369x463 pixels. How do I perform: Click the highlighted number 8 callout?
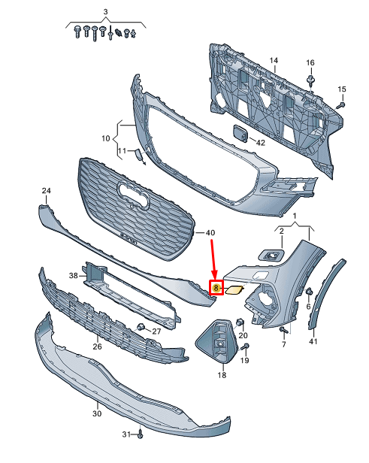(x=216, y=287)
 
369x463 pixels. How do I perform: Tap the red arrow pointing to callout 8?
(x=213, y=259)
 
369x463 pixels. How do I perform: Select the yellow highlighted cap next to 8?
(x=234, y=289)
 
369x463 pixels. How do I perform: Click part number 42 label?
(x=260, y=143)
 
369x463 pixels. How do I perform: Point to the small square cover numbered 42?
(x=241, y=134)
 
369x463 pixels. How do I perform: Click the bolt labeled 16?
(x=310, y=80)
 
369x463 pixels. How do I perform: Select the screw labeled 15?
(x=341, y=104)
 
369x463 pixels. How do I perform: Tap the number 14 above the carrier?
(x=274, y=60)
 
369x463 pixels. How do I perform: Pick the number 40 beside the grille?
(x=210, y=233)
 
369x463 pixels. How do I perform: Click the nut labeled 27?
(x=141, y=327)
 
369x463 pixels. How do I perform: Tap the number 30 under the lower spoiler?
(x=97, y=413)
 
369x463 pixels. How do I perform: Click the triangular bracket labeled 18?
(x=217, y=340)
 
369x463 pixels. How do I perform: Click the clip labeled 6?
(x=309, y=292)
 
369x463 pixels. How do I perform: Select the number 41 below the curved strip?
(x=313, y=341)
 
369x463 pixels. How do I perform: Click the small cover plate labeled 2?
(x=271, y=255)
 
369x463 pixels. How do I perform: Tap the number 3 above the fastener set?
(x=106, y=12)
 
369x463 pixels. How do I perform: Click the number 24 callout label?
(x=47, y=190)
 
